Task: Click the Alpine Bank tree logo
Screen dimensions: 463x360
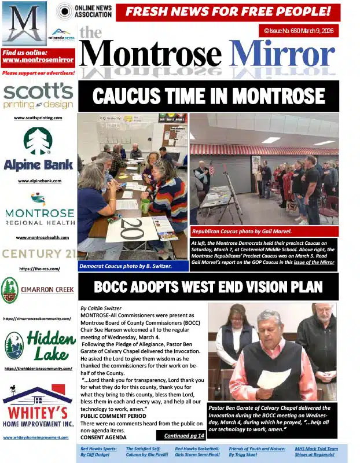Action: click(38, 141)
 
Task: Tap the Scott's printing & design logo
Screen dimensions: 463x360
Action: click(38, 95)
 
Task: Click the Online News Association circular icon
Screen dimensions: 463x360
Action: click(64, 11)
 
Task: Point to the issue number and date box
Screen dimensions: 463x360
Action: click(298, 31)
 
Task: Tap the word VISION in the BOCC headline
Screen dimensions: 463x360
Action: click(270, 286)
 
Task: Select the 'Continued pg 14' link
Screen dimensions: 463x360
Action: click(184, 435)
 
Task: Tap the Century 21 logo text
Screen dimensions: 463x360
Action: click(38, 253)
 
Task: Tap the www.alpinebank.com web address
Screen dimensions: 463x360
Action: click(38, 181)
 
